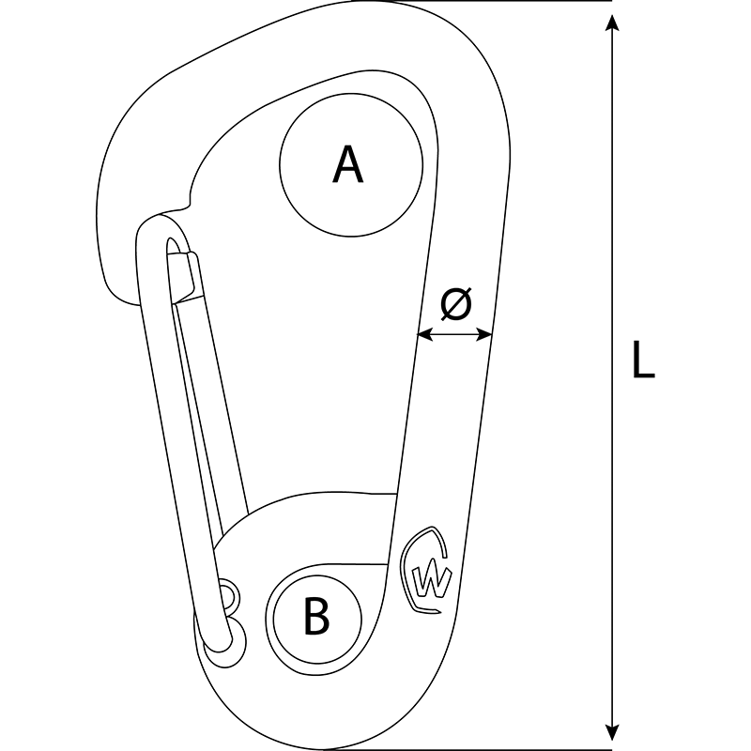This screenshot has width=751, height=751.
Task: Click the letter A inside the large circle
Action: point(348,164)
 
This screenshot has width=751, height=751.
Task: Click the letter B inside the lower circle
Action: point(316,616)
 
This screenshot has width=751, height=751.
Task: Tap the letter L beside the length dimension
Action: point(643,360)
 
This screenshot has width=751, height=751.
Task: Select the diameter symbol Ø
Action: point(456,304)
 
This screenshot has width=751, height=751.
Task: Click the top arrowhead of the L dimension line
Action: point(611,22)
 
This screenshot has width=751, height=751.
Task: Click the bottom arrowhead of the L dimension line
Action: point(611,733)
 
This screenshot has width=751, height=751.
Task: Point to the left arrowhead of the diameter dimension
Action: point(425,334)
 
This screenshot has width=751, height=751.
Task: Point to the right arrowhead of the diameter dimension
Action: point(483,334)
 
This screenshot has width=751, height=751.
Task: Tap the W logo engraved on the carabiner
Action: point(427,570)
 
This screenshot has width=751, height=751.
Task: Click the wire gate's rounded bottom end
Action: point(217,641)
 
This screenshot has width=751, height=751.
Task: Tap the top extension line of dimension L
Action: point(483,1)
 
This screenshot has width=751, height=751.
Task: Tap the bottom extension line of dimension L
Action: point(469,749)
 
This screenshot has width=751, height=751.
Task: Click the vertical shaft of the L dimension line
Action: point(611,377)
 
